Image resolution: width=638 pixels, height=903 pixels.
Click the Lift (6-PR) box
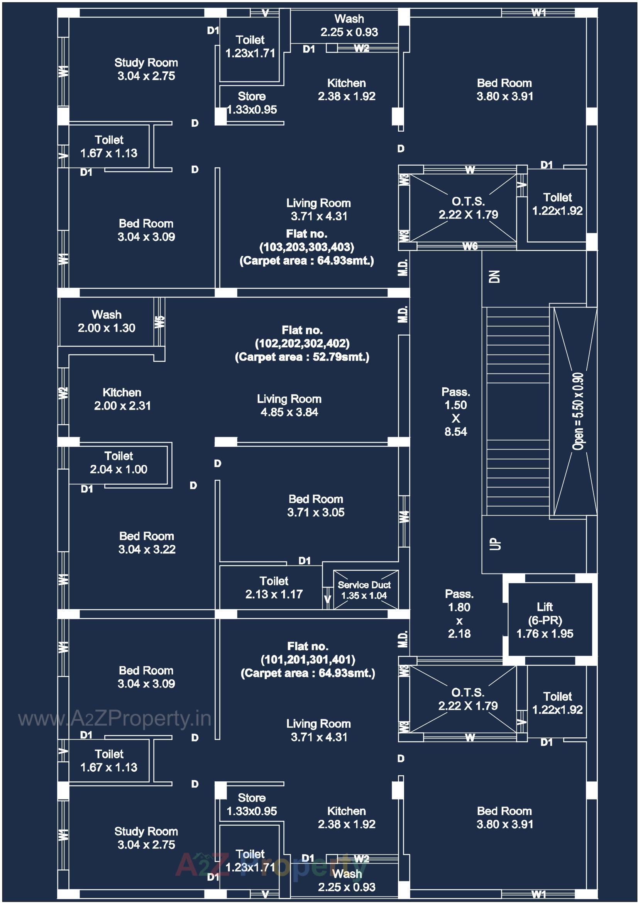[x=545, y=620]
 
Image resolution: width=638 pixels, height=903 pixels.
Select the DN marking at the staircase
[x=495, y=276]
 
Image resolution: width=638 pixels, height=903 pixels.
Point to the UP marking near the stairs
[x=496, y=543]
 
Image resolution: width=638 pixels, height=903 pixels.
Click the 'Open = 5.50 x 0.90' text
[x=577, y=411]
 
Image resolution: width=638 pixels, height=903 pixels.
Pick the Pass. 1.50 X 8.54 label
[x=455, y=411]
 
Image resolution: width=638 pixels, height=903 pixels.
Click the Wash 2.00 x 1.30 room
[x=107, y=321]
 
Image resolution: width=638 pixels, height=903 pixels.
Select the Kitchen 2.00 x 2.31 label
[x=122, y=399]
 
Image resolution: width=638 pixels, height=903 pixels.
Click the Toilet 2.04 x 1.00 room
[x=119, y=463]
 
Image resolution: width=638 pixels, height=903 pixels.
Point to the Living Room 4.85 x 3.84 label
[x=289, y=406]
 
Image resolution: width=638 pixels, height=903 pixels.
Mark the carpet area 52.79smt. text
[x=302, y=357]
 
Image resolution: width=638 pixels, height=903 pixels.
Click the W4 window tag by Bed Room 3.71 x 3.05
[x=404, y=516]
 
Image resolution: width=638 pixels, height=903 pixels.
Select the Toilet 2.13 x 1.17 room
[x=274, y=587]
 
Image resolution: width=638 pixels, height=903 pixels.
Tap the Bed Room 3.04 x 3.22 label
[x=147, y=542]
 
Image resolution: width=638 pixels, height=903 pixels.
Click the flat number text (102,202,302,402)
[x=302, y=343]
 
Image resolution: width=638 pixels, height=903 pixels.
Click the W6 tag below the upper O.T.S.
[x=470, y=246]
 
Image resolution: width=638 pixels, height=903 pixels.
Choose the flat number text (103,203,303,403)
[x=306, y=247]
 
